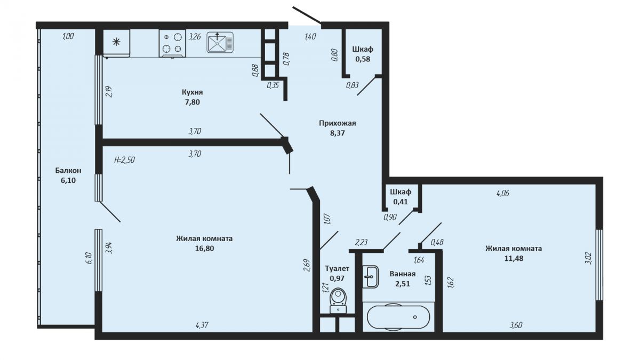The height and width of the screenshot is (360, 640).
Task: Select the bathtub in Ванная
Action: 398,317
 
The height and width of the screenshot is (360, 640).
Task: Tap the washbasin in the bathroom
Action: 371,277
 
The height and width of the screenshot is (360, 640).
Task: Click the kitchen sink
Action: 220,43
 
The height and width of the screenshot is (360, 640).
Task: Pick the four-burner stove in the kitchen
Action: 172,44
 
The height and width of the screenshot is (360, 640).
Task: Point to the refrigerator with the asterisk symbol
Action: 116,43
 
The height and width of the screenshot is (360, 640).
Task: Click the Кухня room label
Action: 193,92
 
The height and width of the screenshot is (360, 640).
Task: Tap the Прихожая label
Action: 338,123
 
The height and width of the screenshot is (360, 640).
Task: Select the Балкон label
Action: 68,171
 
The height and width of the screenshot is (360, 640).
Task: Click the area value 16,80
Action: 205,249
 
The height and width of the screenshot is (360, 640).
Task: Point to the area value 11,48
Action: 514,258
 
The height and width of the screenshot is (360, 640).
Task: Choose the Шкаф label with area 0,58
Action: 363,49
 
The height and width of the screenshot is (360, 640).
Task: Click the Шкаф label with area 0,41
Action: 401,192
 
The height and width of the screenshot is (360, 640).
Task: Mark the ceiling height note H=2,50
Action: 124,159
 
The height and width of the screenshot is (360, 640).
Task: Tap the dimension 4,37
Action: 202,325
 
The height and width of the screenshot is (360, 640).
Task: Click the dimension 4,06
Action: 503,194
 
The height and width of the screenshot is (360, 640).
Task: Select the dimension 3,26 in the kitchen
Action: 195,37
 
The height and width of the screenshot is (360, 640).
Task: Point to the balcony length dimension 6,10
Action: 89,258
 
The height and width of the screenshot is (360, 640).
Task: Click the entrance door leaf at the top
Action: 307,15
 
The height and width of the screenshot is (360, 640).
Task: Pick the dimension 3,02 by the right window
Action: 589,258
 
